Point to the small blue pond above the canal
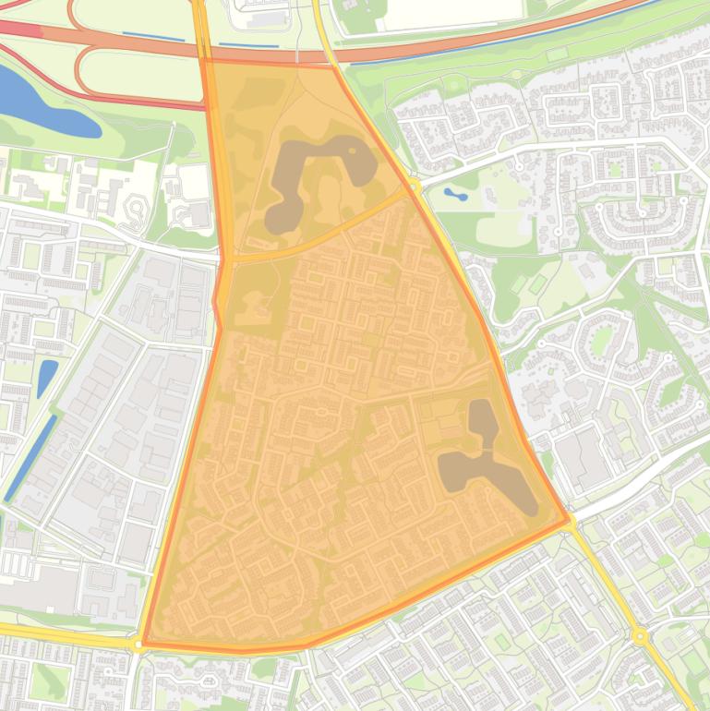47,377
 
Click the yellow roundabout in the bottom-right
639,635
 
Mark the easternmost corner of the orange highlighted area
568,521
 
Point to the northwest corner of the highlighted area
205,61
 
